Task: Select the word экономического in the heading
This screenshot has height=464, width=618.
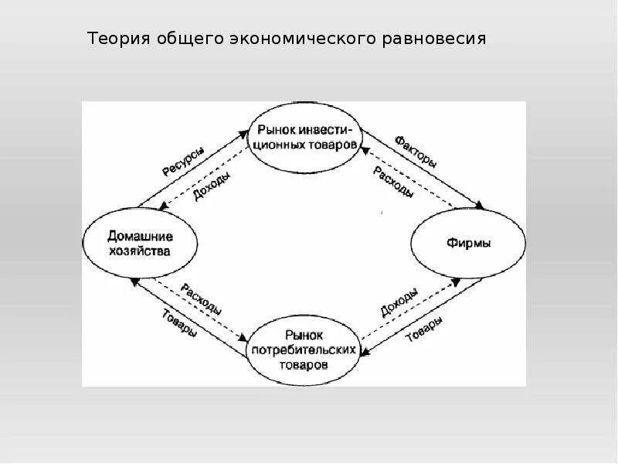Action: (x=299, y=38)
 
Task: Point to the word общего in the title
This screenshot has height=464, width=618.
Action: (x=188, y=38)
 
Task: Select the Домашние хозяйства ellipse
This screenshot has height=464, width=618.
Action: (x=140, y=243)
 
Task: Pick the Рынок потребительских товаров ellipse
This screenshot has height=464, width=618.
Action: (x=304, y=350)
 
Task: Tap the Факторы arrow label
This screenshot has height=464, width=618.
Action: (x=416, y=152)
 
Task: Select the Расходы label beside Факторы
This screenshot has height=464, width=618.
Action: (x=392, y=181)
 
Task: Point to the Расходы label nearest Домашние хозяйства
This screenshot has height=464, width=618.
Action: (x=202, y=299)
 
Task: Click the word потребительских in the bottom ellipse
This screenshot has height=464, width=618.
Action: (x=304, y=350)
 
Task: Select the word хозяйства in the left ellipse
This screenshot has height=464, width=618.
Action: (x=140, y=251)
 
